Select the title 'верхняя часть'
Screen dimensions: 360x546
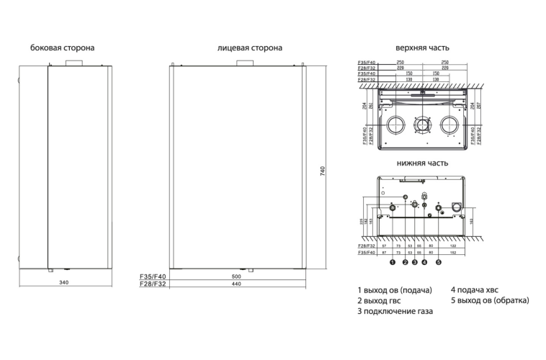(422, 48)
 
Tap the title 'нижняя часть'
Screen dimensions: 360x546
(422, 163)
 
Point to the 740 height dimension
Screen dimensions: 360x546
(323, 171)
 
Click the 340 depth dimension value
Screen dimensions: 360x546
(64, 281)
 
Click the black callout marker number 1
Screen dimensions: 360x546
(393, 263)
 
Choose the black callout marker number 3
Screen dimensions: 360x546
(415, 263)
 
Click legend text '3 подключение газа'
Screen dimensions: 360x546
(395, 312)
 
